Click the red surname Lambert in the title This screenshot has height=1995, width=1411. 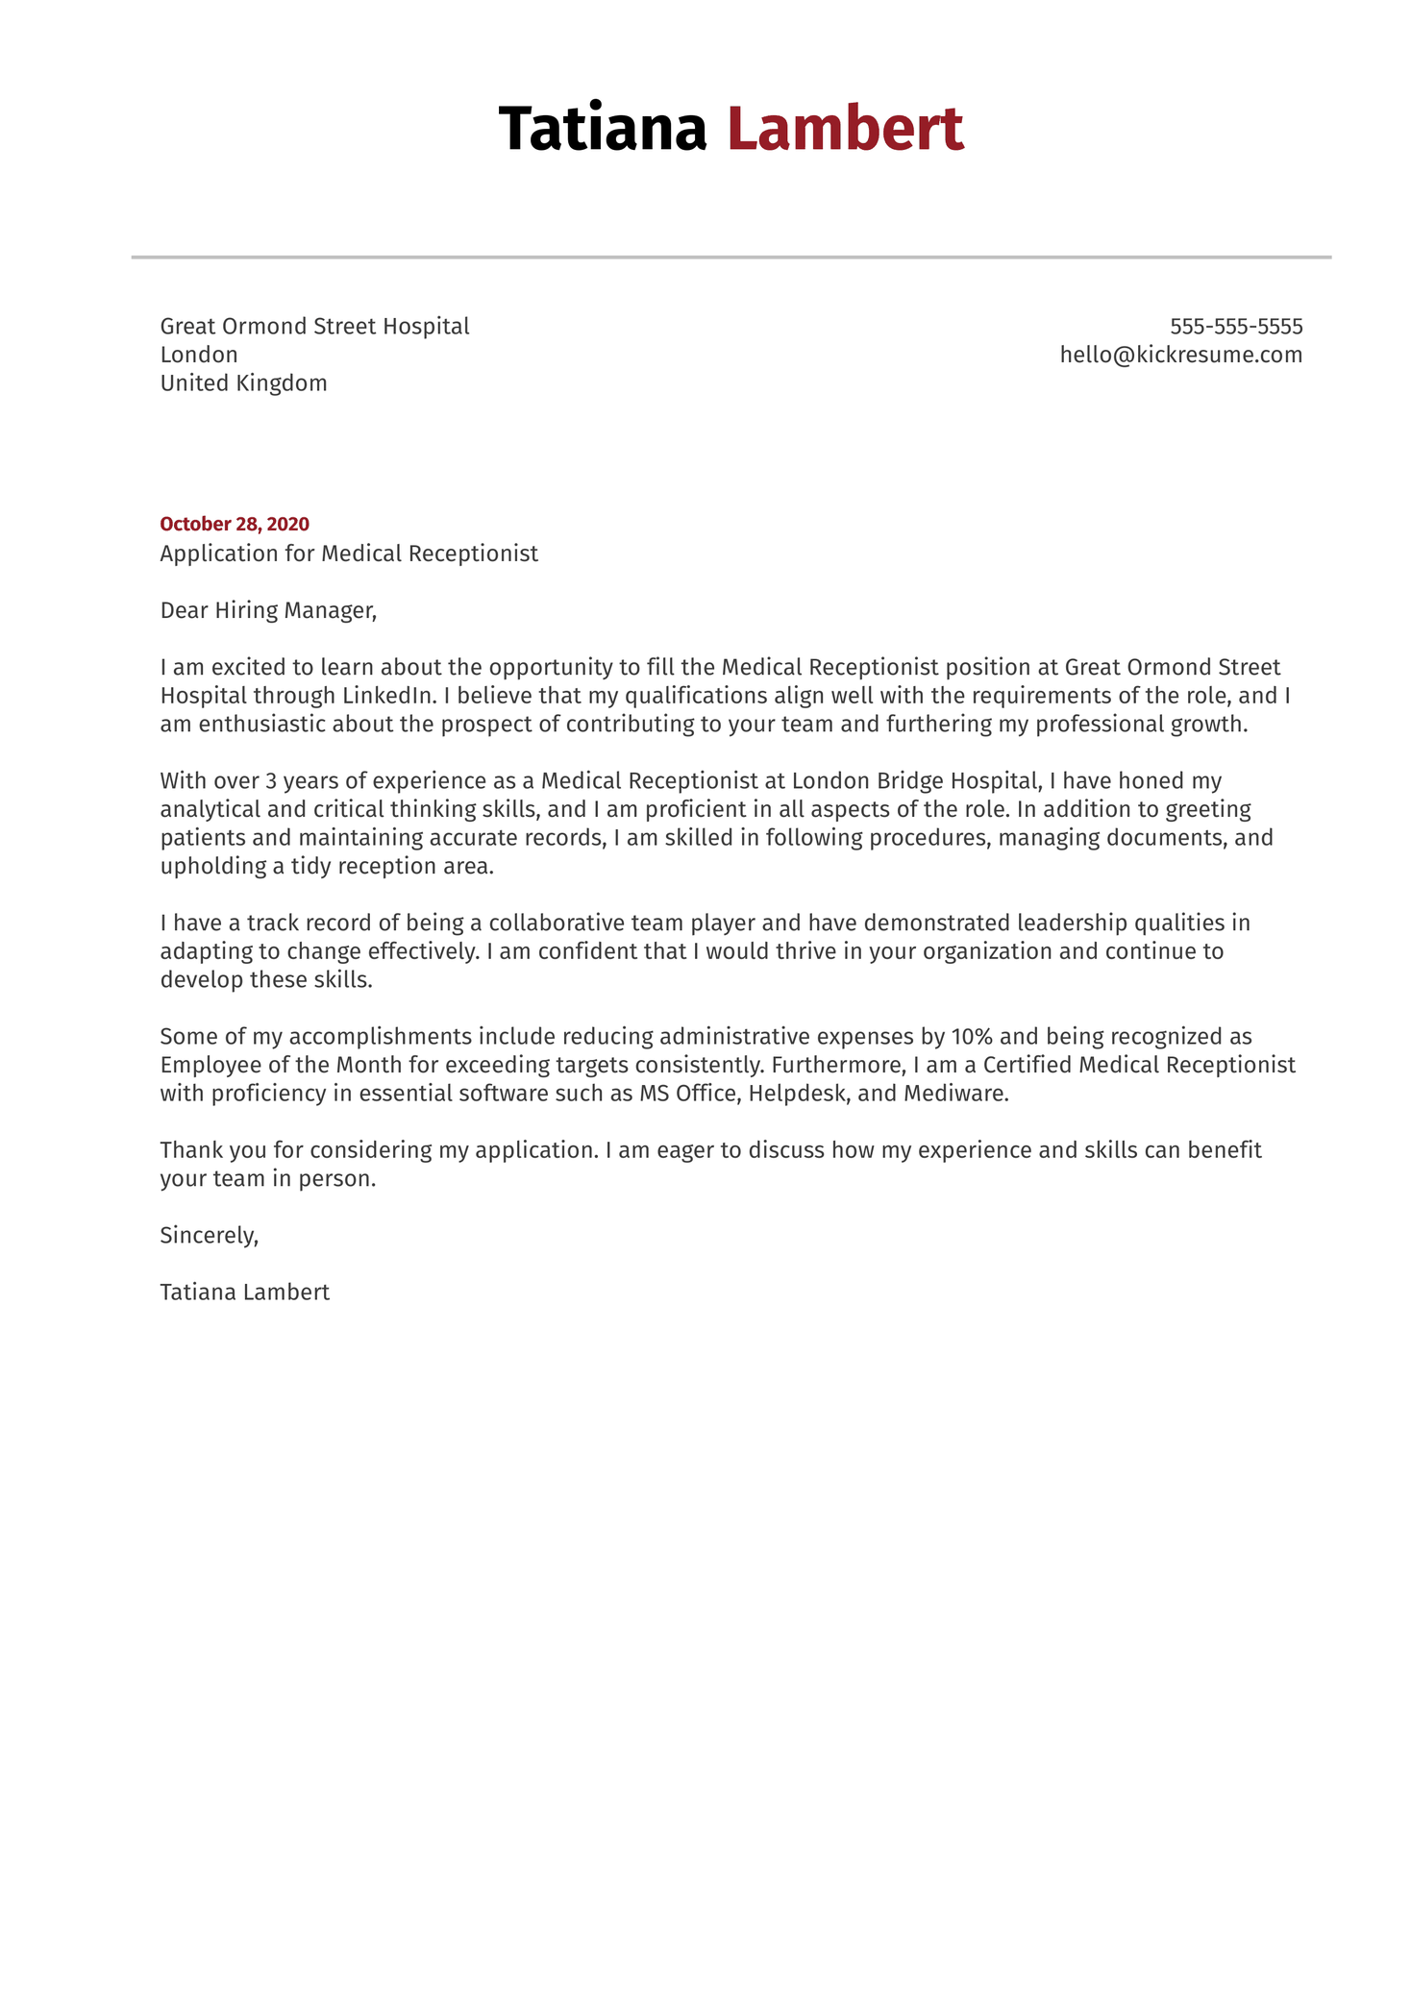click(x=844, y=129)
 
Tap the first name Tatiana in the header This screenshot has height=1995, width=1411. click(x=603, y=129)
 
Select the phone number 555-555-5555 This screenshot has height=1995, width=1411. click(x=1235, y=327)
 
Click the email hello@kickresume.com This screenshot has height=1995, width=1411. click(x=1180, y=355)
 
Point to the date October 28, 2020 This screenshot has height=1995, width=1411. click(x=235, y=525)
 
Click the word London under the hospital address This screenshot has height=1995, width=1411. click(x=199, y=355)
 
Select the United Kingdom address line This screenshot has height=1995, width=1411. click(x=243, y=383)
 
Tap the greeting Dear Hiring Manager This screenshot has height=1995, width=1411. click(x=268, y=610)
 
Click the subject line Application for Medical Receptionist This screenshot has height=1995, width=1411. click(x=349, y=554)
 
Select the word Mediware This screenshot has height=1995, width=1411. click(x=955, y=1094)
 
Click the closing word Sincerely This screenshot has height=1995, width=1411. click(x=209, y=1236)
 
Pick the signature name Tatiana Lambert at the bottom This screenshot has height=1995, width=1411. click(x=244, y=1293)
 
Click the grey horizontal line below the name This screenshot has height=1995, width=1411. click(x=730, y=258)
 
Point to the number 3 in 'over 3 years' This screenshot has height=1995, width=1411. click(x=271, y=781)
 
